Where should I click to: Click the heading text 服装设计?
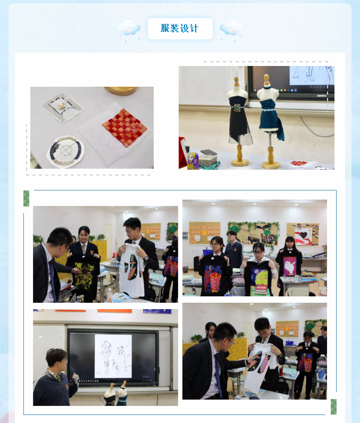tap(180, 28)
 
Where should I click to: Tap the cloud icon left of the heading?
tap(129, 29)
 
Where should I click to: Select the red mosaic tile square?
tap(124, 127)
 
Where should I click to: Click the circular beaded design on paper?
tap(65, 151)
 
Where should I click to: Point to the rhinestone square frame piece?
tap(63, 107)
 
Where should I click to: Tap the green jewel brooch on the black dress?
tap(237, 107)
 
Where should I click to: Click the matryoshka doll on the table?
tap(192, 161)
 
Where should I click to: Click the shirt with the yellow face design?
tap(258, 278)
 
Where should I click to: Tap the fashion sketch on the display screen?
tap(113, 356)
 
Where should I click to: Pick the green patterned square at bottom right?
tap(333, 407)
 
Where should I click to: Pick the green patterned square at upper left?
tap(26, 198)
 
